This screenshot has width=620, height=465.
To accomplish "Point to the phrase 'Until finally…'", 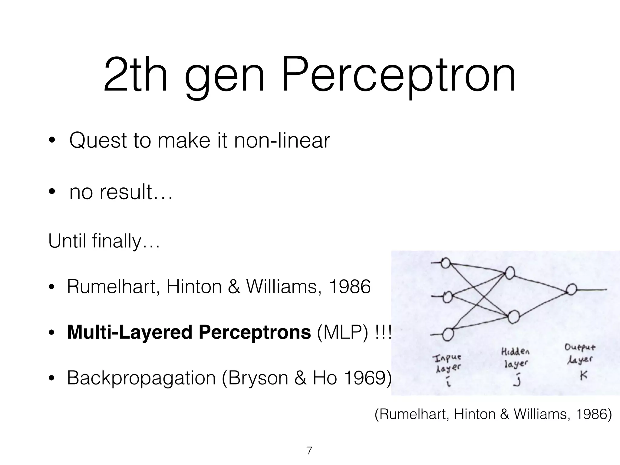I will (x=104, y=241).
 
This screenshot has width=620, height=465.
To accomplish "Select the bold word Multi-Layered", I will (x=130, y=332).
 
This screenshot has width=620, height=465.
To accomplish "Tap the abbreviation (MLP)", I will (x=342, y=332).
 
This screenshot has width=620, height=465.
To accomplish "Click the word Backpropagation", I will (x=141, y=378).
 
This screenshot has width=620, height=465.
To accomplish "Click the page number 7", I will (x=309, y=451).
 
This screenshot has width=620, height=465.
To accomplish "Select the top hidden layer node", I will (x=510, y=273).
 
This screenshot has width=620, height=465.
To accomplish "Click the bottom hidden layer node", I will (x=513, y=317).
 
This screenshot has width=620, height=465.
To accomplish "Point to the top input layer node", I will (x=446, y=263).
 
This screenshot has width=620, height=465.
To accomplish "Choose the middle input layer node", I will (x=447, y=297).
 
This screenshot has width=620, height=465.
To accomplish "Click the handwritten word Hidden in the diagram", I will (x=515, y=352).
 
